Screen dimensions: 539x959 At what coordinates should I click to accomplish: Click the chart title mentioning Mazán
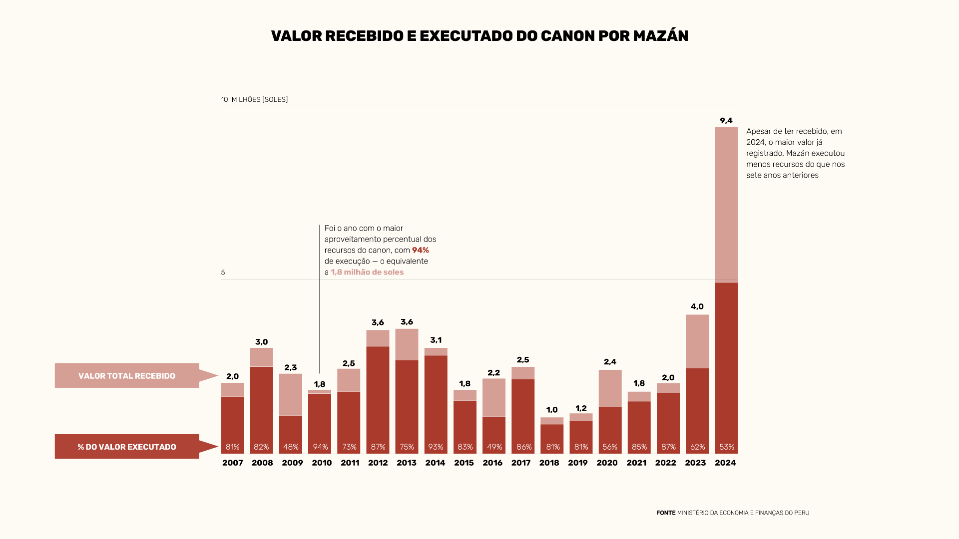(x=479, y=36)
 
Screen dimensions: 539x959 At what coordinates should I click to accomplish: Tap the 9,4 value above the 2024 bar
(x=726, y=121)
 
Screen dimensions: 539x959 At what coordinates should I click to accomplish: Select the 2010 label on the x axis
(x=322, y=463)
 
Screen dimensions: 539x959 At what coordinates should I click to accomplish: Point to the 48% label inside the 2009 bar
(x=291, y=447)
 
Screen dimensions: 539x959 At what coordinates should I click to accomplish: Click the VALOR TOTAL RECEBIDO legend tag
(x=127, y=376)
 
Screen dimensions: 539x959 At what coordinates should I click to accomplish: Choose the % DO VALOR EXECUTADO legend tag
(x=127, y=447)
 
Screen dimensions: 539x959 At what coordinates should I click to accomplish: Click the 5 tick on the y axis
(x=223, y=272)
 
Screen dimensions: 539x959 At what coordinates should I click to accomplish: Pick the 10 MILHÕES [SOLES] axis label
(x=254, y=99)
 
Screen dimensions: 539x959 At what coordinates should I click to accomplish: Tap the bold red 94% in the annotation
(x=420, y=250)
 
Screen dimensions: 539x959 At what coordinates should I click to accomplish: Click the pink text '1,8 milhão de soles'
(x=367, y=272)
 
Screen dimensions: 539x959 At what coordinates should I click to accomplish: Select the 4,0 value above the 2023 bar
(x=697, y=306)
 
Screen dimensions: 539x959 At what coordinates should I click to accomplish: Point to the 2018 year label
(x=549, y=463)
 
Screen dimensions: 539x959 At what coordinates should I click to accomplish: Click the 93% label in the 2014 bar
(x=436, y=447)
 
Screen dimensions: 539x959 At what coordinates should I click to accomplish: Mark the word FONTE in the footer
(x=665, y=513)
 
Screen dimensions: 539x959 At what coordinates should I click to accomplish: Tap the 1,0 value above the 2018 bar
(x=551, y=410)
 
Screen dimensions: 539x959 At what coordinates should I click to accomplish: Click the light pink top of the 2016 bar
(x=493, y=397)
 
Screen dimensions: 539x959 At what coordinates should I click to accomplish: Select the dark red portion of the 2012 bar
(x=378, y=394)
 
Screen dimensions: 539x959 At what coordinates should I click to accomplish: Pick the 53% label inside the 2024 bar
(x=726, y=447)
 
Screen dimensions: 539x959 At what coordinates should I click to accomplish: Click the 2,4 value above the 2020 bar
(x=610, y=362)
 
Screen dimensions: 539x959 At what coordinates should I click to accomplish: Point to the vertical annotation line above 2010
(x=320, y=299)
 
